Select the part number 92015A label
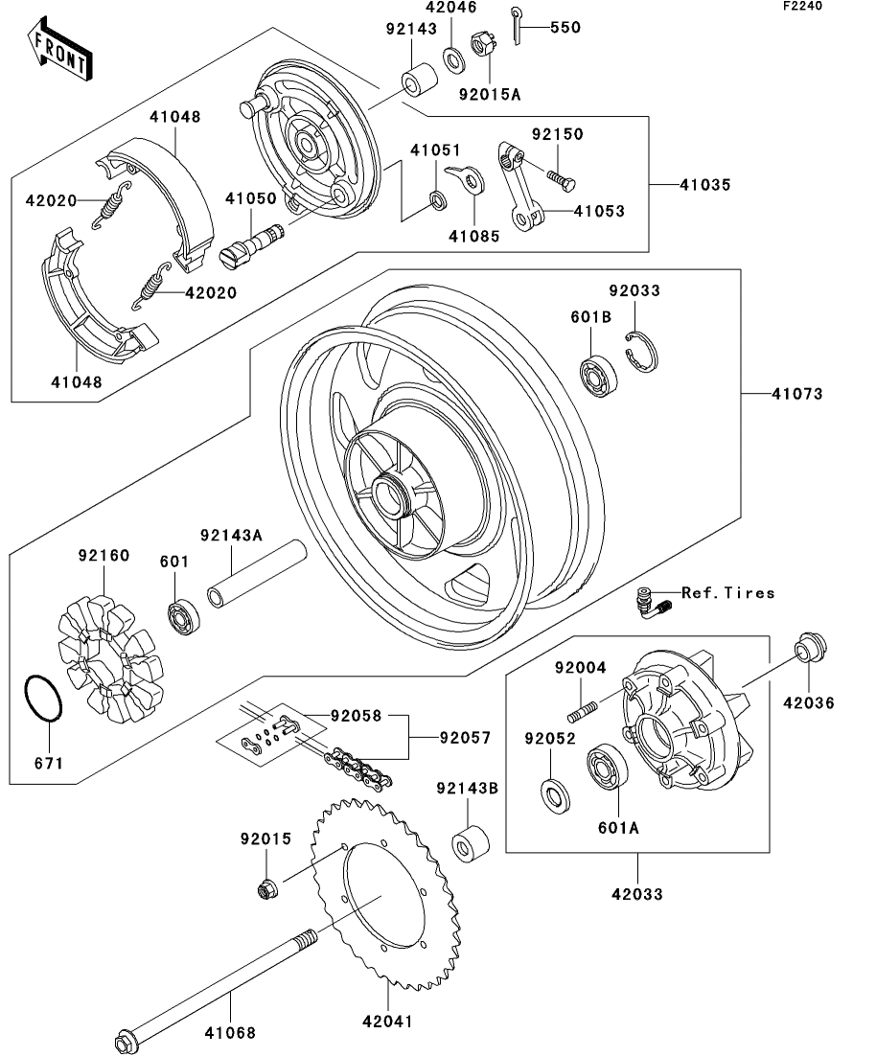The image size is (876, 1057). click(489, 94)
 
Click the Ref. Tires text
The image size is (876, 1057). click(727, 593)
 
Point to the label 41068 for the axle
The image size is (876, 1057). click(230, 1032)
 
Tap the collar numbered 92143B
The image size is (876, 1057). click(471, 840)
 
